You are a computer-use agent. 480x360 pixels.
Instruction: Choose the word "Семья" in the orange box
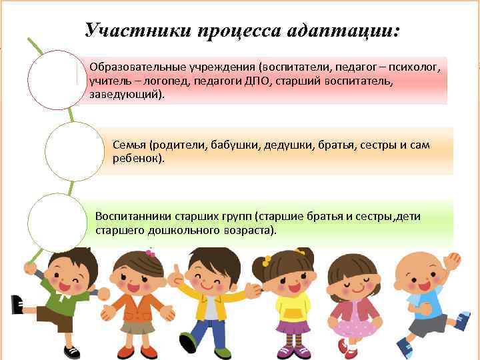[129, 145]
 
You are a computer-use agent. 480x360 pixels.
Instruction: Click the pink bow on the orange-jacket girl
[150, 253]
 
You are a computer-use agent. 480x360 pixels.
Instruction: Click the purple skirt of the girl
[293, 327]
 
